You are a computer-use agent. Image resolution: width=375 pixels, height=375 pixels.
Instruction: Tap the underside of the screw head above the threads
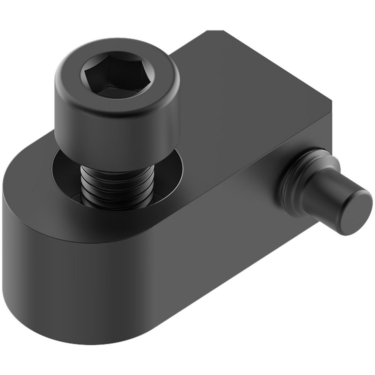coord(112,159)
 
